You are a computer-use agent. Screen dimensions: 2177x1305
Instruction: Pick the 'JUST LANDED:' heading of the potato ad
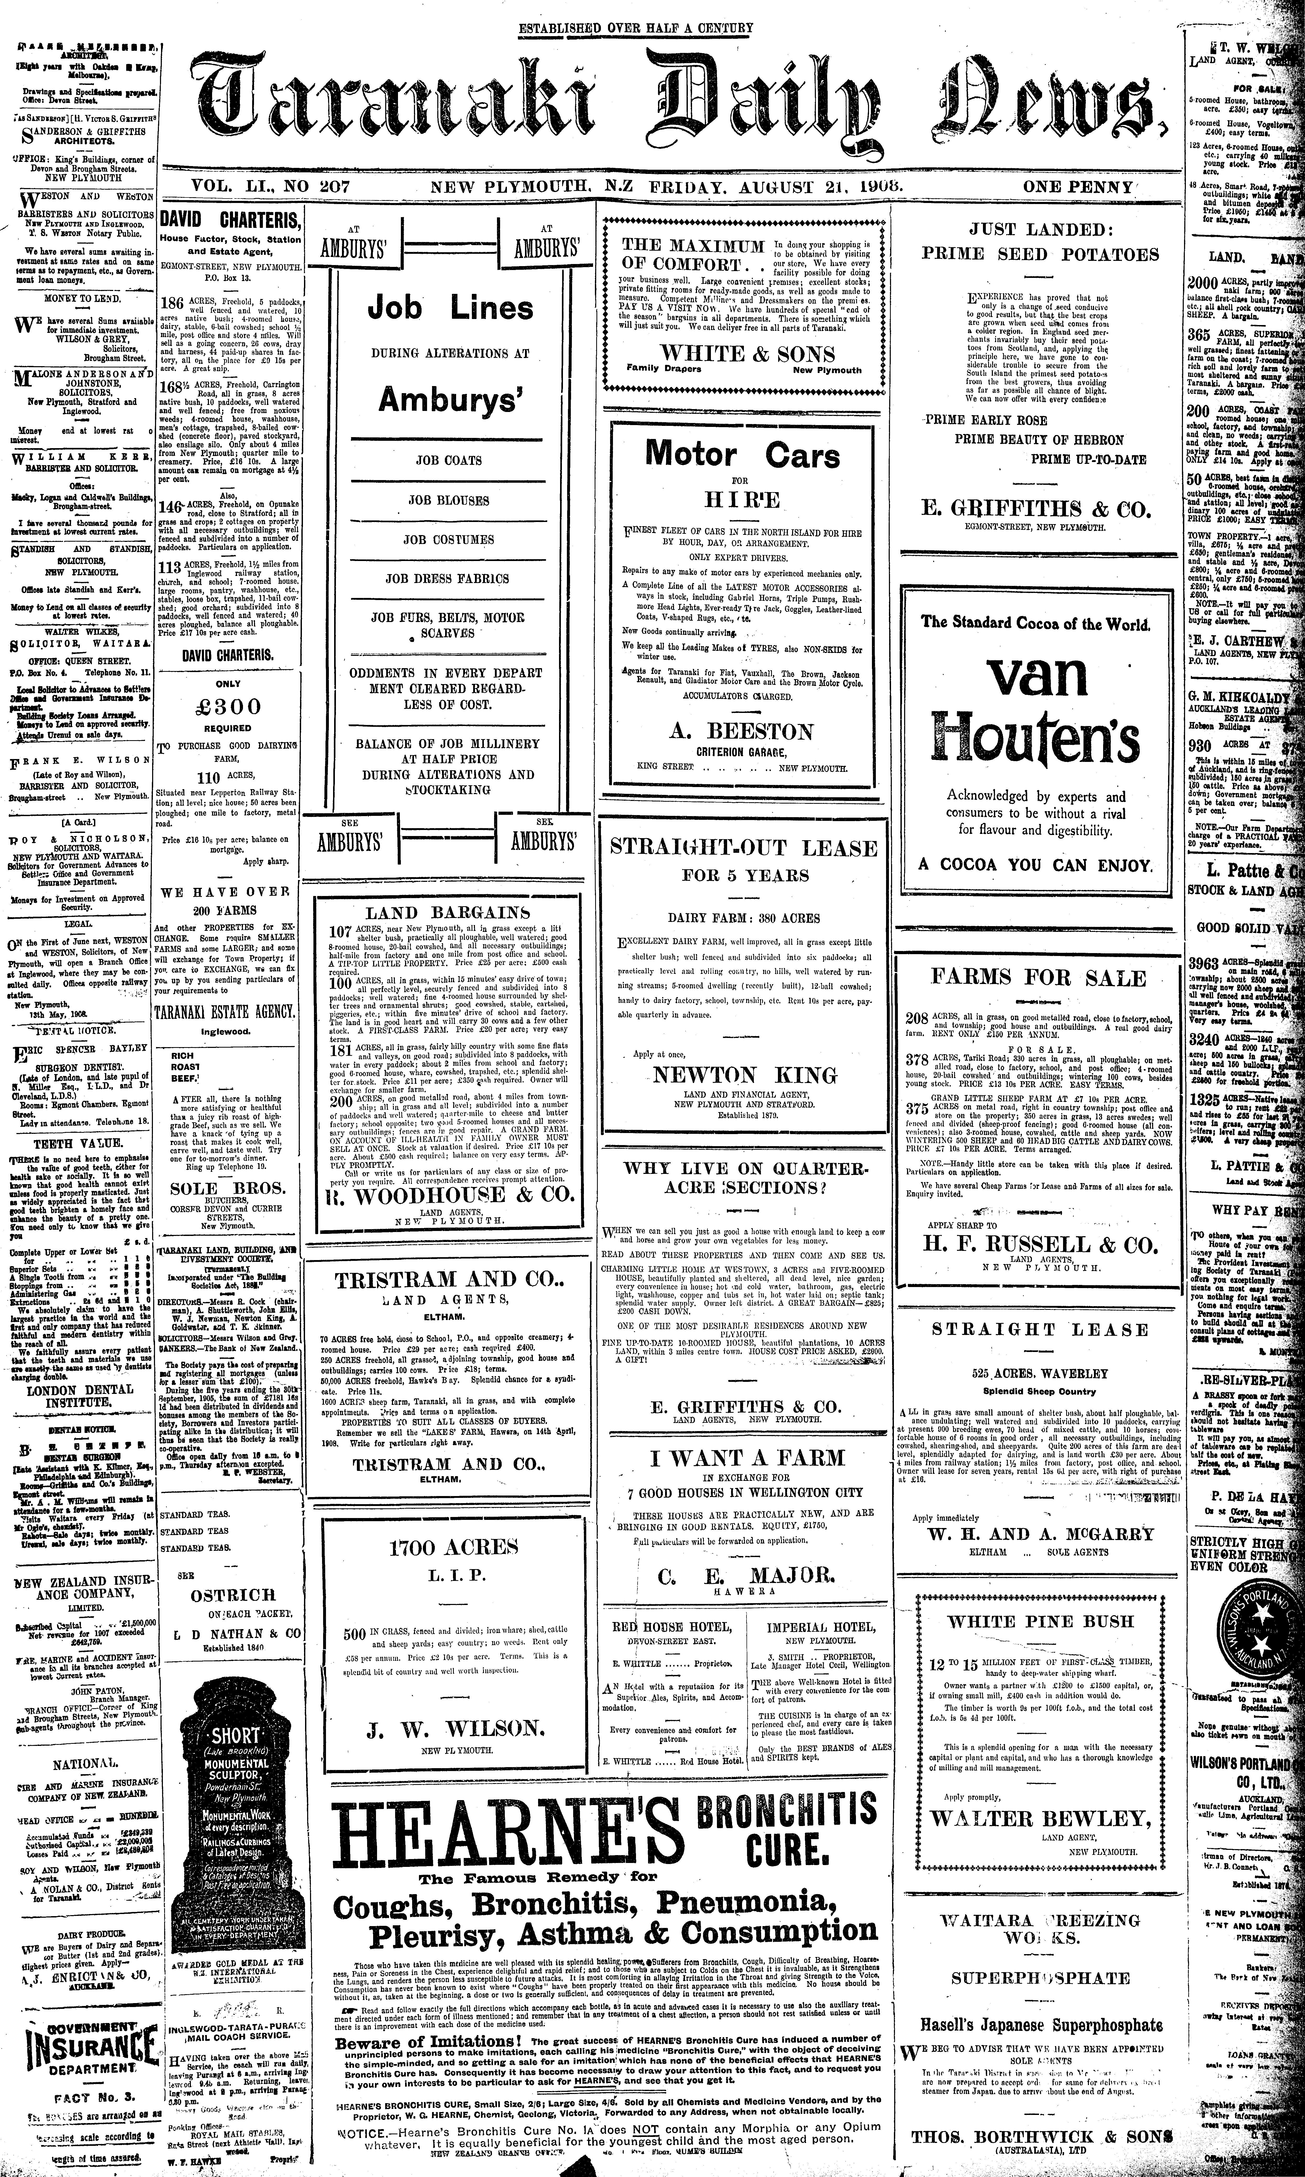tap(1040, 230)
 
